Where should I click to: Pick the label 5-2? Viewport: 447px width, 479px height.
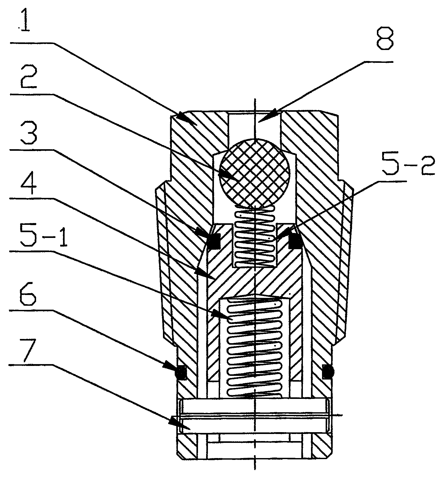point(408,164)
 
